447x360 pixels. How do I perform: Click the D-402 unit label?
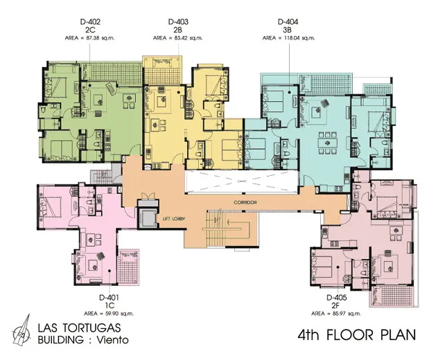coord(90,21)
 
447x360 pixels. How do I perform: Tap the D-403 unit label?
coord(178,21)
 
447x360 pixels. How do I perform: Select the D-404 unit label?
coord(288,21)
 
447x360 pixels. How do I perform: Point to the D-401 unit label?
coord(109,298)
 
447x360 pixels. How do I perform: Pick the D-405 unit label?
coord(337,298)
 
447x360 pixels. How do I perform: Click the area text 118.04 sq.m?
coord(299,38)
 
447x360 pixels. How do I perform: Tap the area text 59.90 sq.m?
coord(120,314)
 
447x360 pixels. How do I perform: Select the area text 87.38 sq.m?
coord(101,38)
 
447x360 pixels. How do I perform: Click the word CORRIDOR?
coord(245,202)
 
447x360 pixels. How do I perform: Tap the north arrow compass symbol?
coord(22,330)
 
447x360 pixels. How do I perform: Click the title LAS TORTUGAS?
coord(79,328)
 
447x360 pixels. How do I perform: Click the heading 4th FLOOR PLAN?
coord(357,335)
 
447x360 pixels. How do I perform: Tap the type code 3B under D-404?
coord(288,30)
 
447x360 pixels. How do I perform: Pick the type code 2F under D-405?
coord(337,305)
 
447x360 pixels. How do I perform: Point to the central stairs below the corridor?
coord(228,228)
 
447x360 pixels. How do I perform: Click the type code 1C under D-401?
coord(109,305)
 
